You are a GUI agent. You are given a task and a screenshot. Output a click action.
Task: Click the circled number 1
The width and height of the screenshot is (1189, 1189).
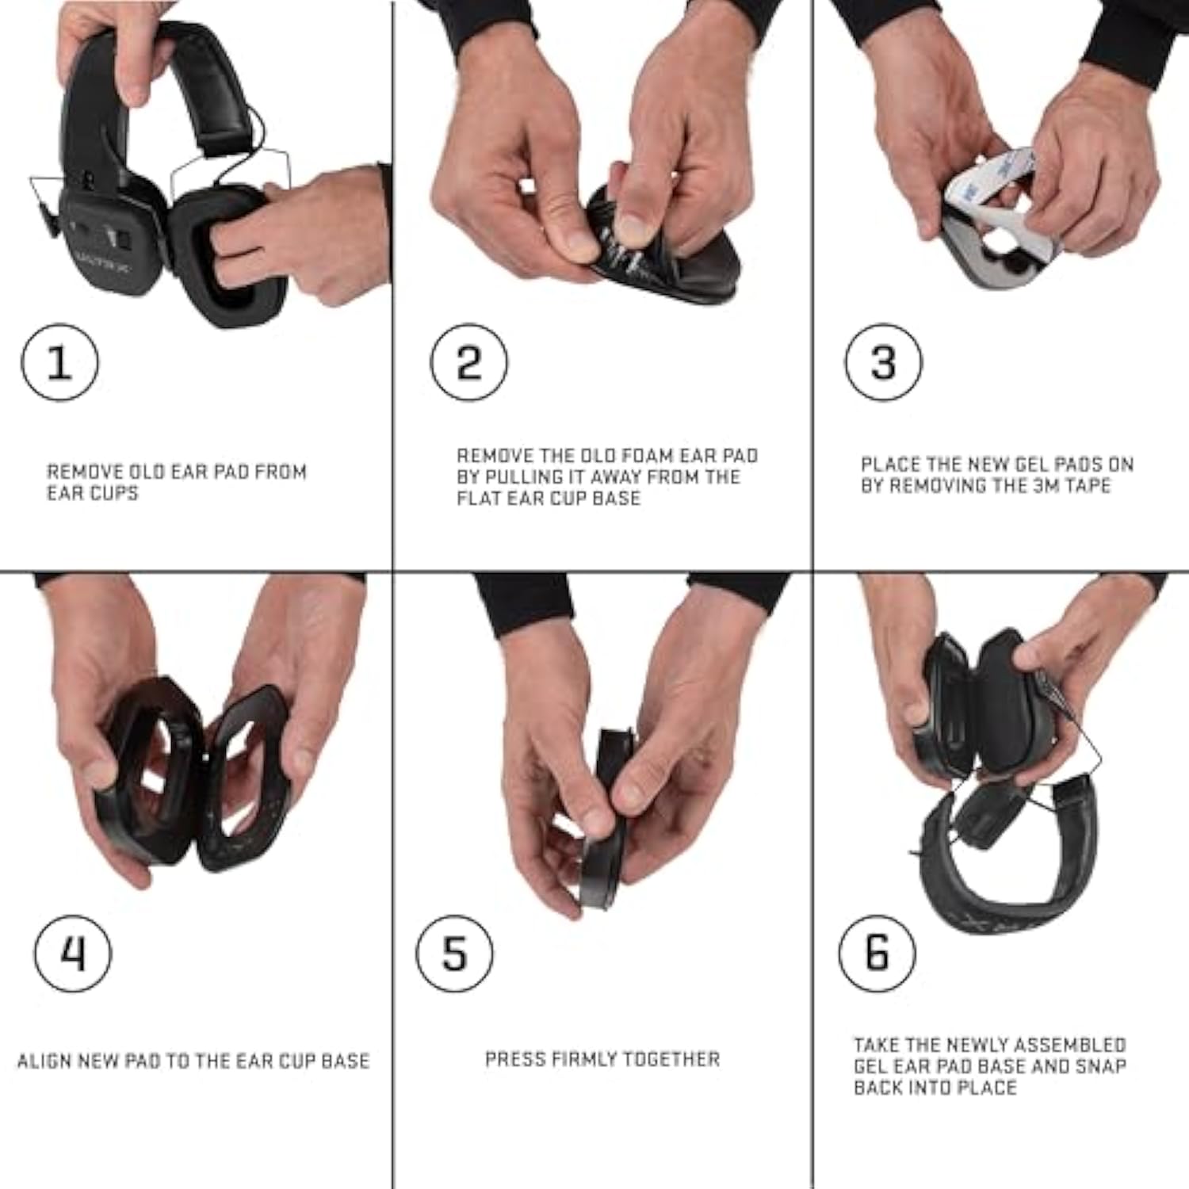coord(59,362)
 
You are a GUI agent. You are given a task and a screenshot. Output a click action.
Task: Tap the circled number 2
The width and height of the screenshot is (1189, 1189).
coord(469,362)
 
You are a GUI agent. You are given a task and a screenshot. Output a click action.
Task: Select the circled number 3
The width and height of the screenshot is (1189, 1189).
coord(883,362)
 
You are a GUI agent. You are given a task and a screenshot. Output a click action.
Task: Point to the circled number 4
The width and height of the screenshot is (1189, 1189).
coord(73,953)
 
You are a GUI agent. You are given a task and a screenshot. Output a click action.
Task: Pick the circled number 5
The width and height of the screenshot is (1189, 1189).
coord(454,953)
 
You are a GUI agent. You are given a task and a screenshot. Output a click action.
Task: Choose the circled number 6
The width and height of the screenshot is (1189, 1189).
coord(877,953)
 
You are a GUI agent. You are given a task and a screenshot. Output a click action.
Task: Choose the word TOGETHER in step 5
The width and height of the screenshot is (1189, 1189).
coord(679,1059)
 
